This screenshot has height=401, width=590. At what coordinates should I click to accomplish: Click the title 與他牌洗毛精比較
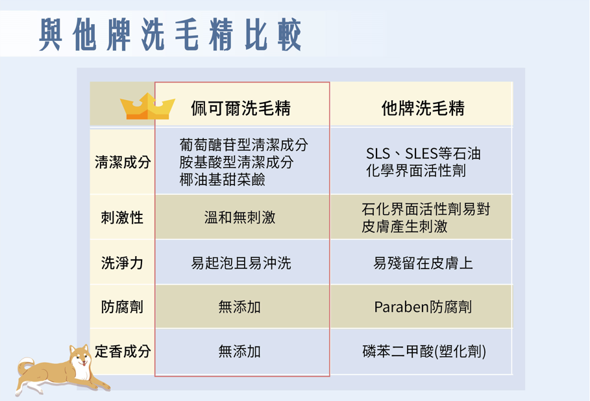click(x=170, y=34)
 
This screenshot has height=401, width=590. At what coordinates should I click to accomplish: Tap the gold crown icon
click(x=147, y=107)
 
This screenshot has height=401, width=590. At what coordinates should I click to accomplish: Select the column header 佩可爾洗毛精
click(x=241, y=109)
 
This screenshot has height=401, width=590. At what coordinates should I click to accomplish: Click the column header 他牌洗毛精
click(x=423, y=109)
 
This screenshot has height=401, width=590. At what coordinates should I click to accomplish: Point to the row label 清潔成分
click(x=123, y=162)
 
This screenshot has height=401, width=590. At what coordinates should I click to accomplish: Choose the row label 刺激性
click(x=122, y=218)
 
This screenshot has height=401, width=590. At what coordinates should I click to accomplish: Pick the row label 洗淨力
click(x=122, y=263)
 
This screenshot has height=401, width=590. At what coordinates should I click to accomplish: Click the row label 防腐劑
click(x=122, y=307)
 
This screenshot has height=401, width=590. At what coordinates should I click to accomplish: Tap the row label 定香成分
click(x=123, y=351)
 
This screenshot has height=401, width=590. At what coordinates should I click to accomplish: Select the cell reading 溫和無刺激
click(x=240, y=218)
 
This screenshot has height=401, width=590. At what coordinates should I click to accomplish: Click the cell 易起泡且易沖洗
click(x=241, y=263)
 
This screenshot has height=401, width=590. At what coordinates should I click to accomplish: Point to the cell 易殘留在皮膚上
click(x=423, y=263)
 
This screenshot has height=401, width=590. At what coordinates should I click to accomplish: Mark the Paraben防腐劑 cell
click(x=423, y=307)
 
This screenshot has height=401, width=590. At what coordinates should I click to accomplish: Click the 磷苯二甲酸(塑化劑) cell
click(x=424, y=351)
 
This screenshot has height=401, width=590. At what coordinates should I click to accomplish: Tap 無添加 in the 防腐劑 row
click(x=240, y=307)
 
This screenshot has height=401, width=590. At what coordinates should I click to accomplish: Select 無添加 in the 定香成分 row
click(x=240, y=351)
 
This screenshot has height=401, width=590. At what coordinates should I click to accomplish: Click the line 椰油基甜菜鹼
click(x=223, y=180)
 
